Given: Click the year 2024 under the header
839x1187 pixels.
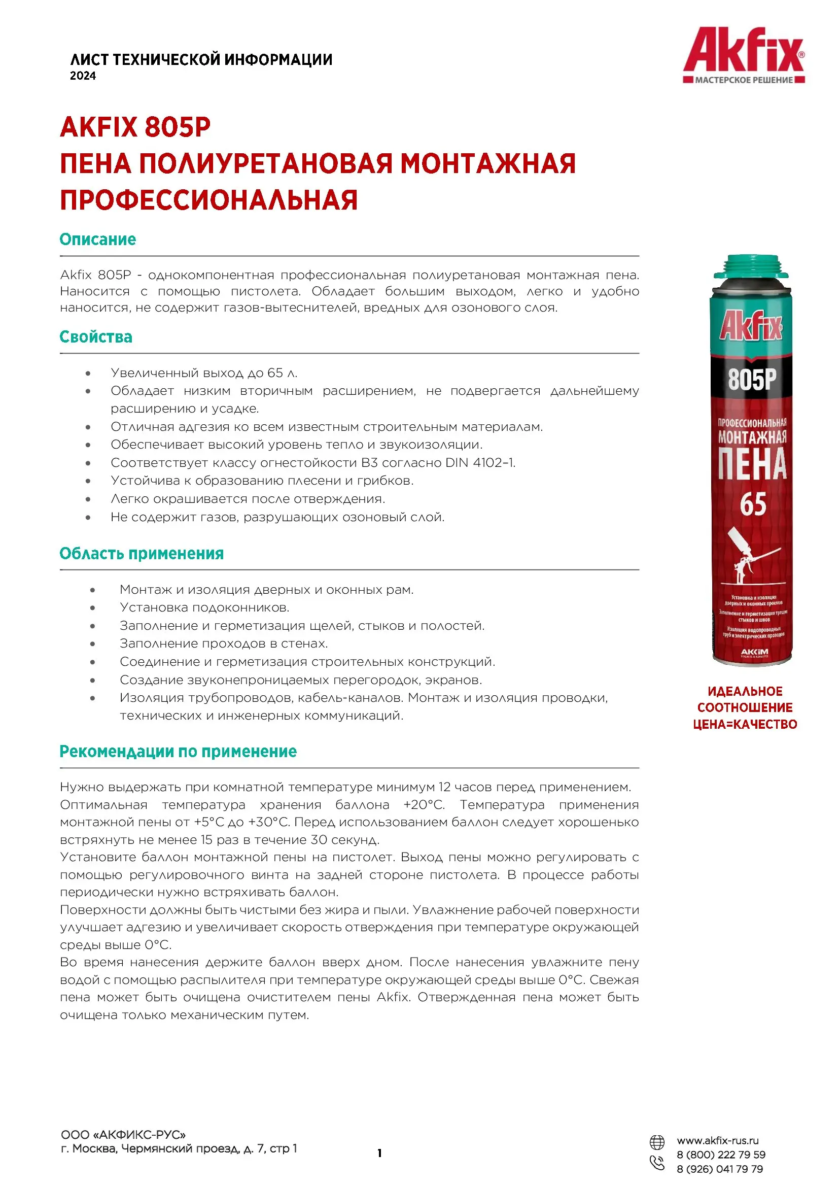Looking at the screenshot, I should (83, 76).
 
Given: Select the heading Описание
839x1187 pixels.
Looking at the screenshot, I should (97, 240).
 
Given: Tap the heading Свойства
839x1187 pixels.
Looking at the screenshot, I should (96, 337).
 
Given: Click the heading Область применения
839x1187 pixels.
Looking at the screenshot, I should (142, 554).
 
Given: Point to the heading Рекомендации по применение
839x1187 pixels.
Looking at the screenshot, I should (178, 752).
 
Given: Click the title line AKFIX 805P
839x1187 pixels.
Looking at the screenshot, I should (135, 127).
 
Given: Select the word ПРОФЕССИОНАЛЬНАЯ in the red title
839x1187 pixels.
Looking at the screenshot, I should (208, 200).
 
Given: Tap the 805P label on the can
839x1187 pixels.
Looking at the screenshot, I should (752, 379).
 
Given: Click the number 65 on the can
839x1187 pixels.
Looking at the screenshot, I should (753, 504).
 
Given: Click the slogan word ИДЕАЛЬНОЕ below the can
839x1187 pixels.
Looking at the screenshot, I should (745, 692).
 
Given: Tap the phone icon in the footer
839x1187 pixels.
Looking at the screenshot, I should (656, 1163).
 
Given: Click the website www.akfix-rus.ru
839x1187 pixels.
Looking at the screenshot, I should (718, 1141).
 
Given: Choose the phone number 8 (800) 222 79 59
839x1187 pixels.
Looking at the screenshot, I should (721, 1155).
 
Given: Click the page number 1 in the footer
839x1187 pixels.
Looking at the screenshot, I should (380, 1154).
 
